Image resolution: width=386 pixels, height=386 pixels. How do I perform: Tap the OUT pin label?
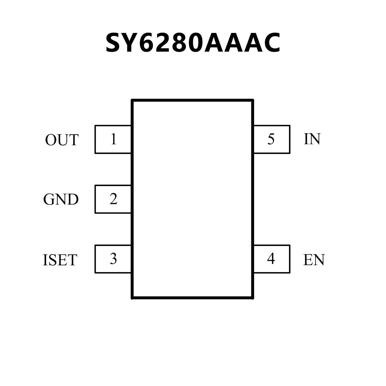[x=62, y=140]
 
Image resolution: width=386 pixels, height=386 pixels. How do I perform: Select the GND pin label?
[x=61, y=200]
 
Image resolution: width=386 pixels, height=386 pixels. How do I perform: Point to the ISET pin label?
[x=60, y=260]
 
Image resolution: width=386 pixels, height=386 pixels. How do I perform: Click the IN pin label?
[x=312, y=139]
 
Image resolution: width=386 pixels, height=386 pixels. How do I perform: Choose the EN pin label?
[x=314, y=260]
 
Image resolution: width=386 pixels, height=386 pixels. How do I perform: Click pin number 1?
[x=114, y=139]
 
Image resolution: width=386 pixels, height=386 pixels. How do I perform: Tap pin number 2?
[x=113, y=199]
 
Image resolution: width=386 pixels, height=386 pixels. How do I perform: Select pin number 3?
[x=113, y=259]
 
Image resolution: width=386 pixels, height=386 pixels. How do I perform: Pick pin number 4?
[x=271, y=259]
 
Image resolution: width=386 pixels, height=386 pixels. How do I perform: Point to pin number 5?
[x=271, y=139]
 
